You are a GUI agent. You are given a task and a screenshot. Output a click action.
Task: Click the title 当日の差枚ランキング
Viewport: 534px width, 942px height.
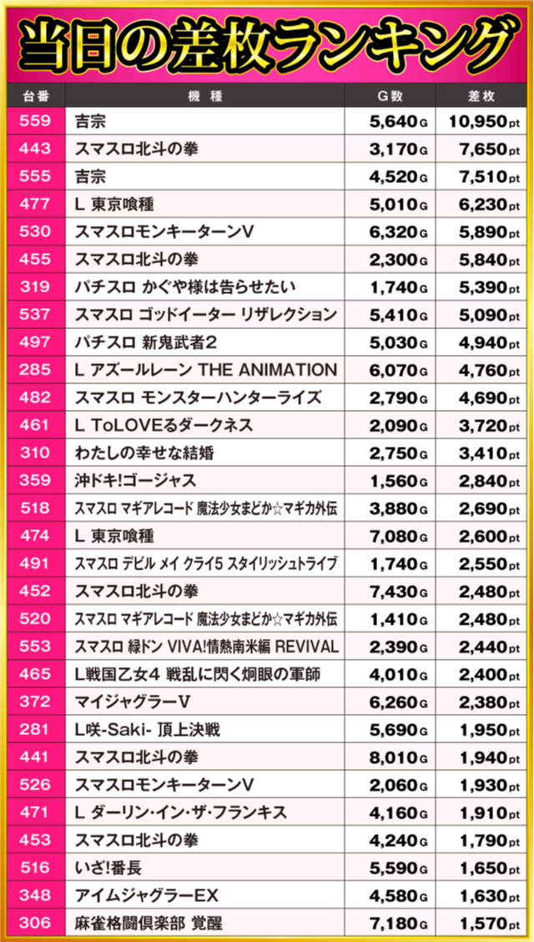click(267, 42)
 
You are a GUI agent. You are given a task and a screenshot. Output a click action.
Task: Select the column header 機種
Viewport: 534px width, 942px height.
click(204, 96)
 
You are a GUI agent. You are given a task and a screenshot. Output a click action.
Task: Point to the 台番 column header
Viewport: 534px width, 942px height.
click(34, 96)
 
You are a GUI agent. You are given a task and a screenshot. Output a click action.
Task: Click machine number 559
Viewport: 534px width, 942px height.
click(34, 122)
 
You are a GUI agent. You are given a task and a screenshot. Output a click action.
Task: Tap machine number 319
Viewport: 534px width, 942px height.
click(34, 287)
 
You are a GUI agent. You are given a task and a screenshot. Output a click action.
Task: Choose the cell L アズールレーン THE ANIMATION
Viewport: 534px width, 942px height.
click(205, 370)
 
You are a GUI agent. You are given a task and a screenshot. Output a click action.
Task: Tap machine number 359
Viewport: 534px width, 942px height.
click(34, 480)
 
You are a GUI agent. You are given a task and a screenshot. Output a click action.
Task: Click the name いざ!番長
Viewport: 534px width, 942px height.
click(108, 868)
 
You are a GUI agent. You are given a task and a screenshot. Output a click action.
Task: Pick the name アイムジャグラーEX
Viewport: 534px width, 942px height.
click(146, 895)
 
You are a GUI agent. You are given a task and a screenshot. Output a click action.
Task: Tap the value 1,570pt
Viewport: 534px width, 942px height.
click(482, 923)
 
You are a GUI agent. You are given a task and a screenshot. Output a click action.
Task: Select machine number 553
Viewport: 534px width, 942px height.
click(34, 646)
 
